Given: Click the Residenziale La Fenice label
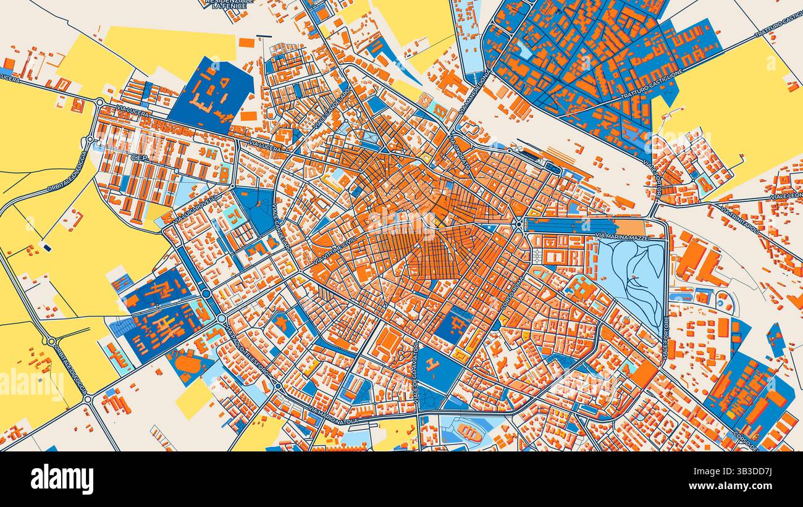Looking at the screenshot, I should coord(229,4).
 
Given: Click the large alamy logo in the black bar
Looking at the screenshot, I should coord(62,479).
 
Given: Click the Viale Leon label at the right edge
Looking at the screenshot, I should coord(786,196).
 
